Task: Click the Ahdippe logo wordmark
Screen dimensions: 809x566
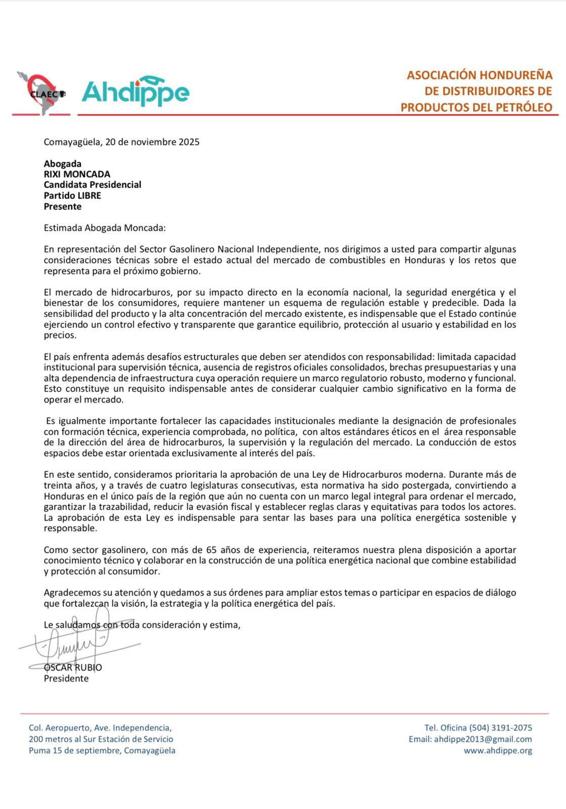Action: [135, 92]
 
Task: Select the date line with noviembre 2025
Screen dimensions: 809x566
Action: [121, 142]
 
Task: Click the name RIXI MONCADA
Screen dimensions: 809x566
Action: [77, 174]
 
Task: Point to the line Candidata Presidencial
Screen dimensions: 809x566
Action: [92, 185]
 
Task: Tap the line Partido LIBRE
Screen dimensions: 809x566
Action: [72, 196]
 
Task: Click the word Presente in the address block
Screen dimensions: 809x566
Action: [62, 206]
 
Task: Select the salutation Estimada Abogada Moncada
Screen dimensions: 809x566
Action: [105, 228]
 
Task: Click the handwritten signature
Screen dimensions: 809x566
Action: [76, 645]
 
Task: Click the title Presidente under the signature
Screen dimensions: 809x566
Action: [66, 679]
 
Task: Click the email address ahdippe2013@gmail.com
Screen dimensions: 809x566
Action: [483, 739]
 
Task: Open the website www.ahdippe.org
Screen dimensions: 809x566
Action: [498, 750]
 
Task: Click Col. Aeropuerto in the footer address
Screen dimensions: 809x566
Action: [59, 728]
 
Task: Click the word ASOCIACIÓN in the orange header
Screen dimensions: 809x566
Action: [441, 75]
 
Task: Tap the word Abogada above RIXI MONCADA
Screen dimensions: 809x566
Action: [63, 163]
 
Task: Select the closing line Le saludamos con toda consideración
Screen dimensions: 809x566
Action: [141, 625]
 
